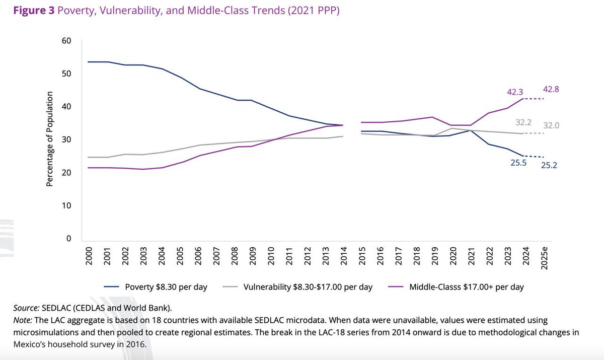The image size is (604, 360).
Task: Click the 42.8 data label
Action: point(552,89)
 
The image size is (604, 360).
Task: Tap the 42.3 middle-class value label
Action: point(515,92)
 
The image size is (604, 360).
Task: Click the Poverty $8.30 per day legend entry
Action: point(166,287)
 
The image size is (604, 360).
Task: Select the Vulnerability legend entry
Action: point(307,287)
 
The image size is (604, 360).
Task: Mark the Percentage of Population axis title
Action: point(49,139)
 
